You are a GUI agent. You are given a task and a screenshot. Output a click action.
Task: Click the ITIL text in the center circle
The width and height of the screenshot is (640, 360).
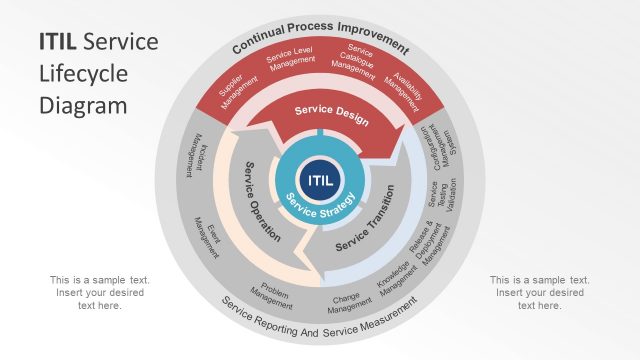321,181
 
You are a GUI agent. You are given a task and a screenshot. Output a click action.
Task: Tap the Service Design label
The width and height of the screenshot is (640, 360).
331,115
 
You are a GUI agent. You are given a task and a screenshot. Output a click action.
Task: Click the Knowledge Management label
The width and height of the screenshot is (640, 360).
394,278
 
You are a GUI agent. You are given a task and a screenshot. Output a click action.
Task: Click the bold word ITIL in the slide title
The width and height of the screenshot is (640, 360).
59,42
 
